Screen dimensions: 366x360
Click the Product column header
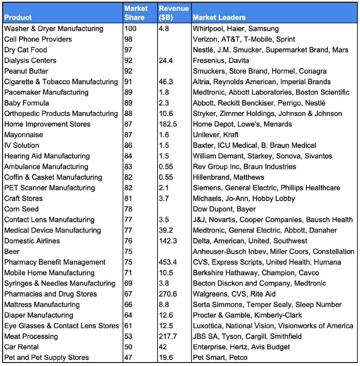pos(18,18)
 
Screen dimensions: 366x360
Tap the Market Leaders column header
pos(219,18)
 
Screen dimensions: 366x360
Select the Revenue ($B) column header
pos(174,13)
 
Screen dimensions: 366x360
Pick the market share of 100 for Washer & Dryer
pos(130,29)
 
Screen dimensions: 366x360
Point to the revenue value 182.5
pos(168,124)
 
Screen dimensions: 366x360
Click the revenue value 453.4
pos(168,262)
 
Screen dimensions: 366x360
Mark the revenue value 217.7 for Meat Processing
pos(167,336)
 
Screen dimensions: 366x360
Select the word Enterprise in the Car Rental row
pos(209,347)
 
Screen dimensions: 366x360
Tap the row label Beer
pos(12,252)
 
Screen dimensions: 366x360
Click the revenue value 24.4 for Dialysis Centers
pos(166,61)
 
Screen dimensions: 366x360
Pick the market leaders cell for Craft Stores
pos(244,198)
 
